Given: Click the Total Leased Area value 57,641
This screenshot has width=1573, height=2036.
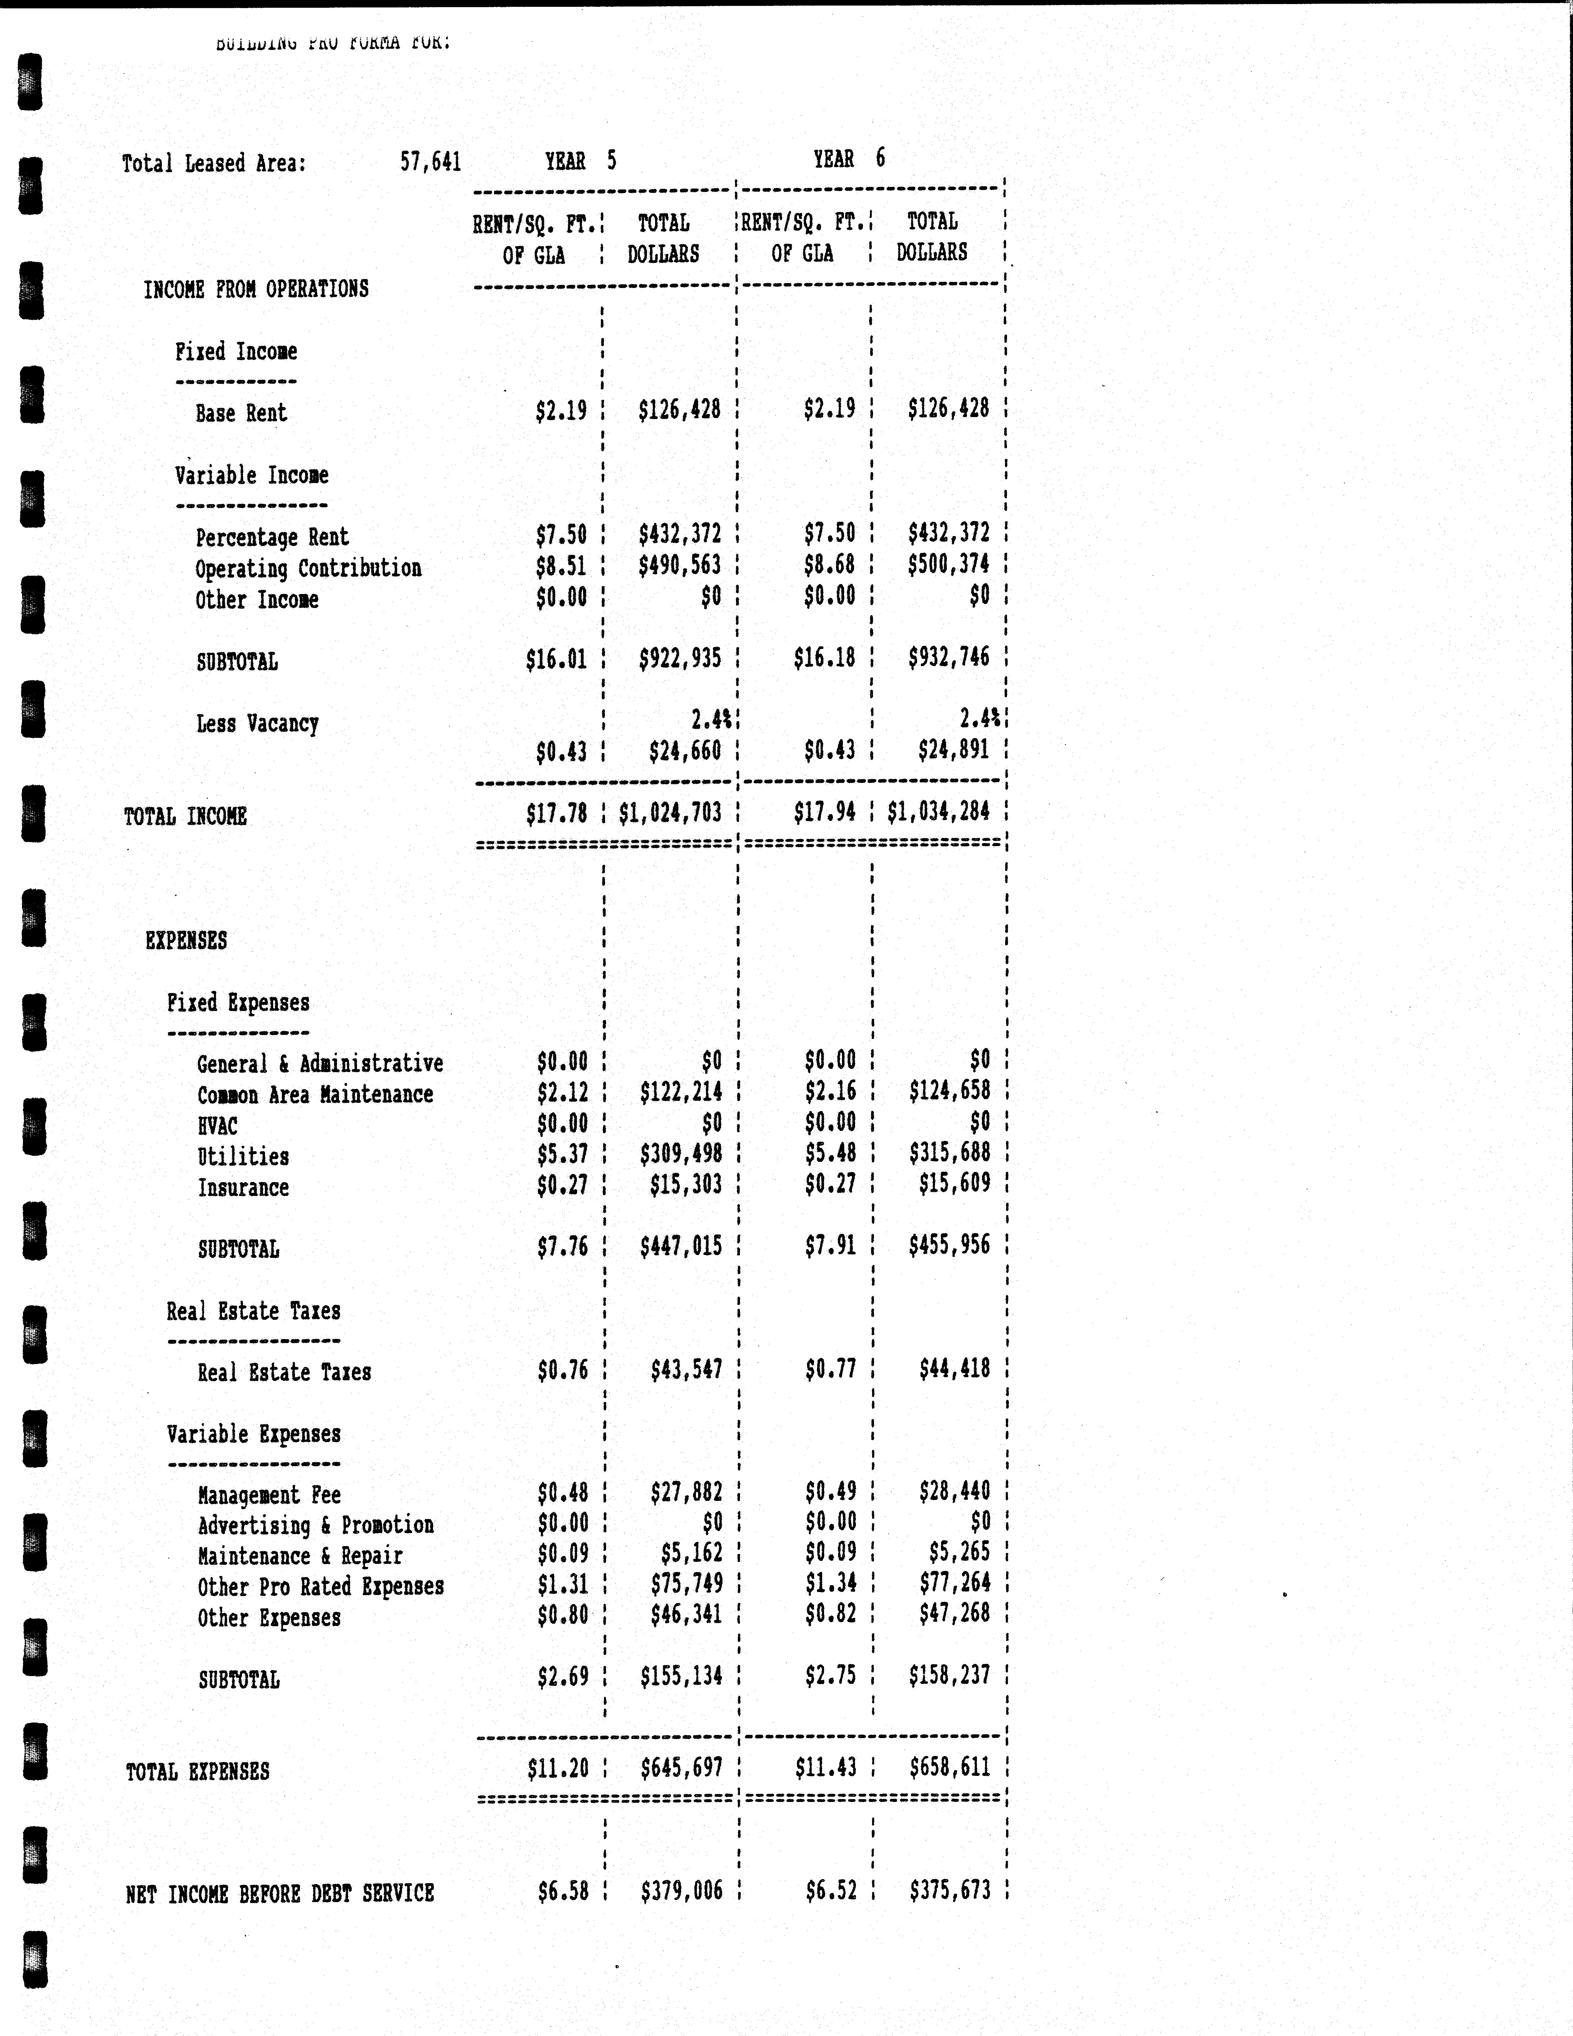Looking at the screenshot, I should pyautogui.click(x=430, y=162).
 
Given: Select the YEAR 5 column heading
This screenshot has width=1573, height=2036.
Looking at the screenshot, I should pyautogui.click(x=580, y=161).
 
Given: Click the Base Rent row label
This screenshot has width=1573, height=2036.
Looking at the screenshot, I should pyautogui.click(x=241, y=413).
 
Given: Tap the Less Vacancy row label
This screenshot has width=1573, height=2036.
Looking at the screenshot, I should pyautogui.click(x=257, y=723).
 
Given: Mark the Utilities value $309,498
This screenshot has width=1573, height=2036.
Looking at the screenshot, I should pyautogui.click(x=681, y=1154).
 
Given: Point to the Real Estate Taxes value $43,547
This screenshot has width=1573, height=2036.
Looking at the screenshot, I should pyautogui.click(x=686, y=1369).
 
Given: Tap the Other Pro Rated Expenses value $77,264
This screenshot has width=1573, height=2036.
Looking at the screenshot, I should pyautogui.click(x=954, y=1582).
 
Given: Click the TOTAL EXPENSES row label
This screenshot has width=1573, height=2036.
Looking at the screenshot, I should pyautogui.click(x=198, y=1771).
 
